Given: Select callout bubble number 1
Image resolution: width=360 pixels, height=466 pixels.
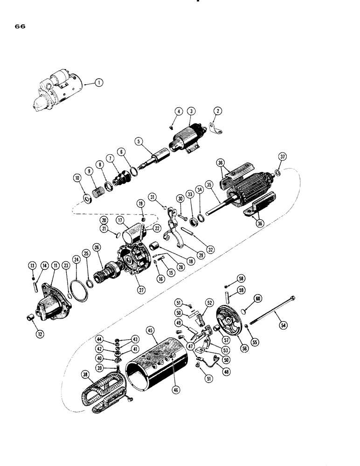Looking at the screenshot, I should pos(98,83).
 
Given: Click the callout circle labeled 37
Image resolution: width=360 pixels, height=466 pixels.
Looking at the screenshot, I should pos(282,156).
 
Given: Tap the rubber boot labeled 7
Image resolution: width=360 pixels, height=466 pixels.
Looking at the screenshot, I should pos(123,179).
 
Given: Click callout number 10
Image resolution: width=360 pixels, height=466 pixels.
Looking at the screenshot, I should pos(76,178).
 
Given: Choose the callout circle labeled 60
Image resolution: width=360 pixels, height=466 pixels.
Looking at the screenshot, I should pos(257,299).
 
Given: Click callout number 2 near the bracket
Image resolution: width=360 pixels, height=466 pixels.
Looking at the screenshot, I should pos(217,111).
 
